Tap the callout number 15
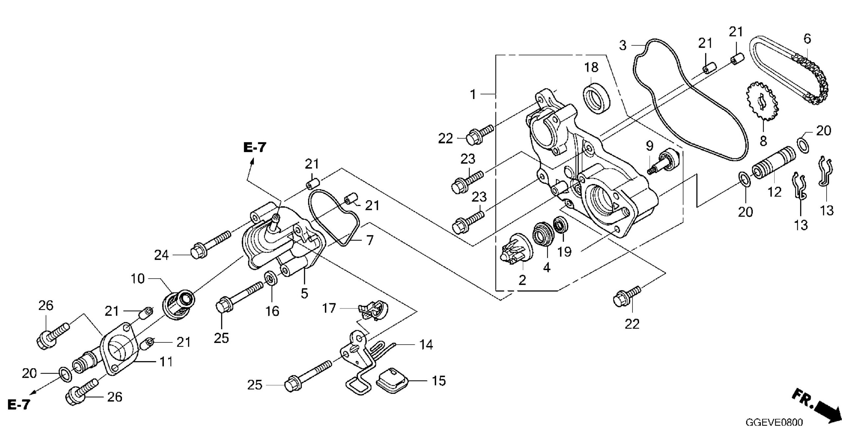(x=438, y=381)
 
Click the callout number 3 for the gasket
(x=623, y=45)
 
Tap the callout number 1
(x=473, y=95)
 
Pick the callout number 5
(x=304, y=293)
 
